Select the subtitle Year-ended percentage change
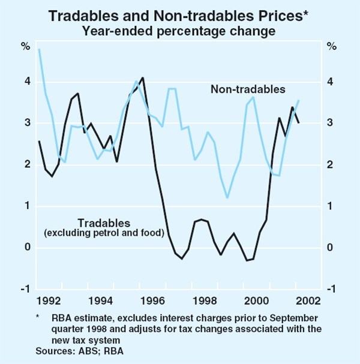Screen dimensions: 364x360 (179, 31)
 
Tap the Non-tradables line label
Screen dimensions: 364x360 (247, 89)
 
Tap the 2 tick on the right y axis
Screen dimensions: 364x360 (331, 165)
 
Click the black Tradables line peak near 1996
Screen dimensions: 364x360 (142, 77)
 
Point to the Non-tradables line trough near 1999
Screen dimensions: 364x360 (227, 197)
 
